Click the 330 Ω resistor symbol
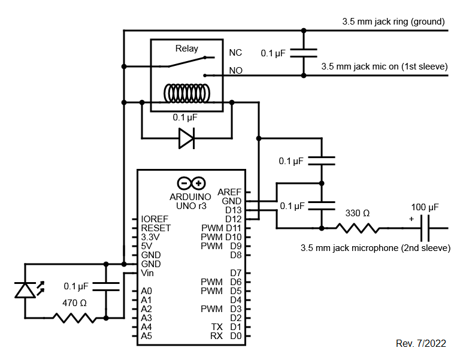click(x=358, y=228)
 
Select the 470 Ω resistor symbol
click(x=75, y=317)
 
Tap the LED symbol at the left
click(x=25, y=290)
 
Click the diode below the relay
click(x=186, y=139)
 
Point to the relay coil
click(x=186, y=93)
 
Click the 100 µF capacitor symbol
click(x=426, y=228)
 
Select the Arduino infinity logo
click(x=191, y=183)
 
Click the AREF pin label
click(x=229, y=192)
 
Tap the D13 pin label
click(x=233, y=210)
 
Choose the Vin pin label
click(x=148, y=273)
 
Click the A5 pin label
click(x=146, y=336)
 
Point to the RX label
click(x=216, y=336)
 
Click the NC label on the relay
click(x=235, y=53)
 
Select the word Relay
click(x=186, y=49)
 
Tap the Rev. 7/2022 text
click(x=421, y=343)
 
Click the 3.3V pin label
click(x=152, y=237)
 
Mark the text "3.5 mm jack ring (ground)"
click(x=393, y=22)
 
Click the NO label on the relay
click(x=235, y=71)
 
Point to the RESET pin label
click(x=156, y=228)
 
